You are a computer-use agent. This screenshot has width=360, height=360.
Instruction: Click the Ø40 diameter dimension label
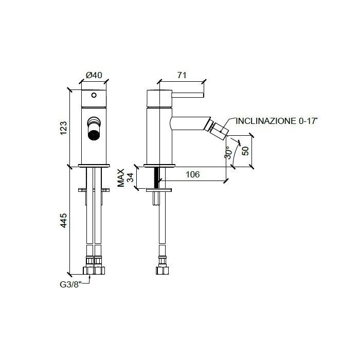tap(94, 75)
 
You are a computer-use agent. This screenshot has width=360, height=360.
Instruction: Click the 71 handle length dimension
tap(182, 75)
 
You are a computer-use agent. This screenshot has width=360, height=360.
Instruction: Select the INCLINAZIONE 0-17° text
tap(277, 122)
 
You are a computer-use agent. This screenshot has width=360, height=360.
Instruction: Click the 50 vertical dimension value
tap(245, 150)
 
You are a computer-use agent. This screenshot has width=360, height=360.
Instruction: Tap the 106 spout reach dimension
tap(192, 175)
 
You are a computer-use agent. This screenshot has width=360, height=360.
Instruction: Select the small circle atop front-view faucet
tap(94, 95)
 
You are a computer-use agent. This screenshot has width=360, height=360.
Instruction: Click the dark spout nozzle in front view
tap(94, 135)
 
